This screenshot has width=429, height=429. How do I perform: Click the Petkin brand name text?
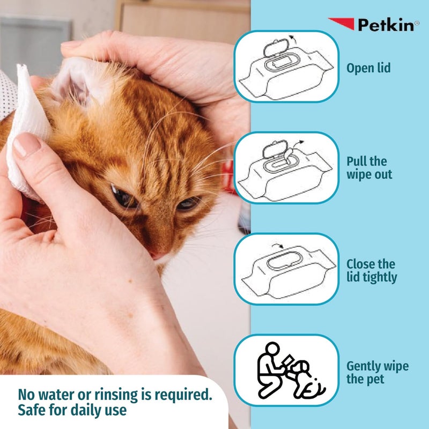pyautogui.click(x=385, y=25)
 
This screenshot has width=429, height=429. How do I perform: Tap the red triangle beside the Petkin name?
pyautogui.click(x=341, y=23)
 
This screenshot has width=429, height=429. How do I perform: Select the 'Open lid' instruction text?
pyautogui.click(x=368, y=68)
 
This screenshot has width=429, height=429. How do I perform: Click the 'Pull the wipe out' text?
pyautogui.click(x=369, y=168)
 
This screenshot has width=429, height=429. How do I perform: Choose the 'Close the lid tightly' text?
pyautogui.click(x=372, y=270)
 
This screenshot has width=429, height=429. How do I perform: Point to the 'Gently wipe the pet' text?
pyautogui.click(x=377, y=373)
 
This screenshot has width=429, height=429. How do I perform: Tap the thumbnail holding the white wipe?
pyautogui.click(x=27, y=144)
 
